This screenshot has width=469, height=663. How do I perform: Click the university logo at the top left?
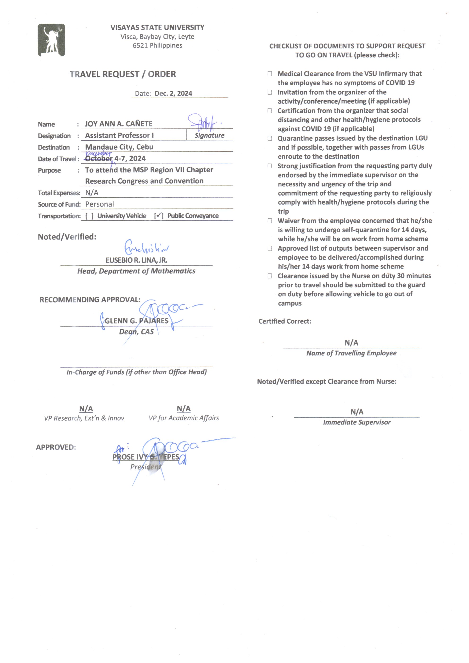point(51,40)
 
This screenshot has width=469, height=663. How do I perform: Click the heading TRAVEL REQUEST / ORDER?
point(123,74)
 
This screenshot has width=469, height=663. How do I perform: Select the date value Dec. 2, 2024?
point(173,94)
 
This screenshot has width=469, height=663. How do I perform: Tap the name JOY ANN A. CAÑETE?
point(118,124)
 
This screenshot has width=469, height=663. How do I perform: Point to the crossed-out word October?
point(99,159)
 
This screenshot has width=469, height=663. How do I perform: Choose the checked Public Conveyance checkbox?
point(159,216)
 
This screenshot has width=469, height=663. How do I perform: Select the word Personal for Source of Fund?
point(99,204)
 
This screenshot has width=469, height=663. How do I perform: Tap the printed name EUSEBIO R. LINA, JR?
point(136,260)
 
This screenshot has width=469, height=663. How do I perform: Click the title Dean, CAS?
point(136,332)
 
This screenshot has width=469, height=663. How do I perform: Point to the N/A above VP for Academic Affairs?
point(184,409)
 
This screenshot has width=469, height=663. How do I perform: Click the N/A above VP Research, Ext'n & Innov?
point(86,409)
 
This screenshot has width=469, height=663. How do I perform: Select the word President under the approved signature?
point(146,467)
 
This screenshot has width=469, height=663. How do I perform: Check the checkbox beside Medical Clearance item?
point(269,74)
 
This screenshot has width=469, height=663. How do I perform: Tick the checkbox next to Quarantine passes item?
point(269,138)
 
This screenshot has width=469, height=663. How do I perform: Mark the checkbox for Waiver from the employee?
point(269,221)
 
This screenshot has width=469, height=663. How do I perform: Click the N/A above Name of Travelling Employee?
point(351,343)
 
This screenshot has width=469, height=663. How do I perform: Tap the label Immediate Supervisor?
point(357,422)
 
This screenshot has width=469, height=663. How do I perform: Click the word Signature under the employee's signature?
point(209,135)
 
